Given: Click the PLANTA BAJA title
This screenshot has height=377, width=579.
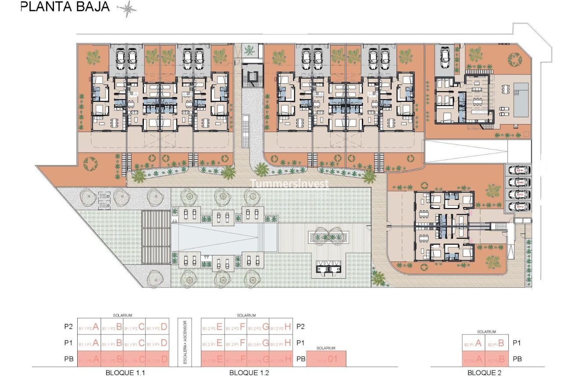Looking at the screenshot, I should point(65,7).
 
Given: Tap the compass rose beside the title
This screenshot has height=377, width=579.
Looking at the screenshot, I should point(127,9).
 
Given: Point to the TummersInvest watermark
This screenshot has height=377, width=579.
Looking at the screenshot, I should point(289,184).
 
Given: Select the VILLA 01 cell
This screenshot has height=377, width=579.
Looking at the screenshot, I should point(329,359).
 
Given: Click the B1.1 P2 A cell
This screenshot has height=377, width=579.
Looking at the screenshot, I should point(89,327).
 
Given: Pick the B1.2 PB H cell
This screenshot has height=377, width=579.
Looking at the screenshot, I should point(281,359).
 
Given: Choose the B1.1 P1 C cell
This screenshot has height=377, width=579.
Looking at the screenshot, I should point(134,343).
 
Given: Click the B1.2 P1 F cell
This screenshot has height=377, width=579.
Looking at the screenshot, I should point(235,343).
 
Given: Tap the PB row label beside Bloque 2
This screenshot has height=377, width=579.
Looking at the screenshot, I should point(517,359).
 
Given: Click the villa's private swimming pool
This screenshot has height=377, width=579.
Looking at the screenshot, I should point(521,99).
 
